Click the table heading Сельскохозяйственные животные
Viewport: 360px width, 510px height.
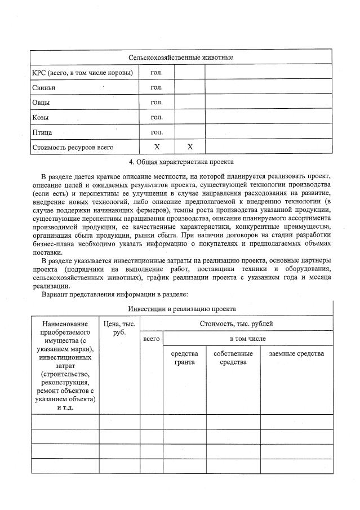tap(181, 58)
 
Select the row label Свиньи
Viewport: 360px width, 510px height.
tap(43, 88)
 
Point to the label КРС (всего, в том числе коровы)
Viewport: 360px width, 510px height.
tap(82, 73)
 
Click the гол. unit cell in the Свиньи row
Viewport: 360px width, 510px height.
tap(157, 87)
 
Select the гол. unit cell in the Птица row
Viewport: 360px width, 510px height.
tap(157, 132)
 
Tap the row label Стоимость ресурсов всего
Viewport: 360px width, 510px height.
tap(73, 147)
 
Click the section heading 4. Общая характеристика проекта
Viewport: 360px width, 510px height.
tap(181, 162)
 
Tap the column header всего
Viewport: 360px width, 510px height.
tap(152, 339)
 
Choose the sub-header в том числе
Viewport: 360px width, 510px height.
tap(247, 339)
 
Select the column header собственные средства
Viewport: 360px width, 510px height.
tap(233, 358)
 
